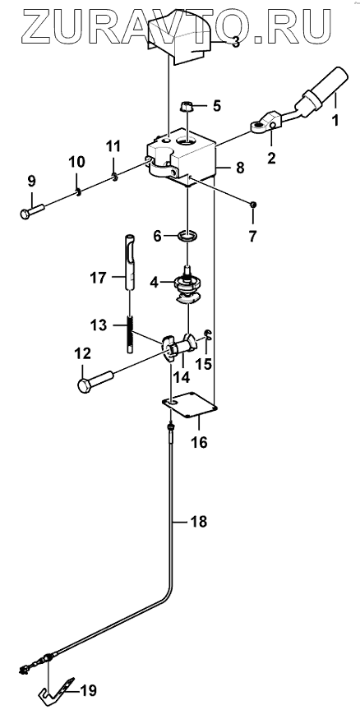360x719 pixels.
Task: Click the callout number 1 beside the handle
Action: click(x=335, y=121)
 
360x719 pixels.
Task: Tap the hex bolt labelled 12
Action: click(x=95, y=381)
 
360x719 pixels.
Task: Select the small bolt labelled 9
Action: click(x=32, y=210)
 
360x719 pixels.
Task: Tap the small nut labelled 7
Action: click(x=252, y=204)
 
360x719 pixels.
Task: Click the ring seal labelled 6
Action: click(x=188, y=237)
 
